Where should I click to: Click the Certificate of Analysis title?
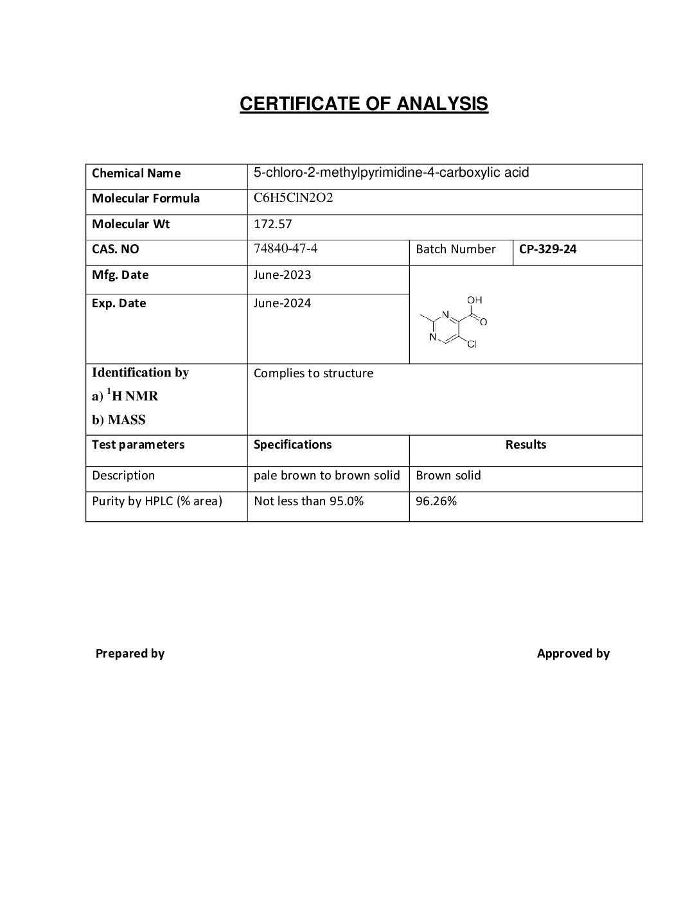click(x=364, y=103)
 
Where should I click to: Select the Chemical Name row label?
click(x=136, y=173)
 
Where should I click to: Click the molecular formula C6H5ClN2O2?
click(x=293, y=198)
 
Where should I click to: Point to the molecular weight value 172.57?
click(x=272, y=224)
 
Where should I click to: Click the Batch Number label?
click(x=456, y=249)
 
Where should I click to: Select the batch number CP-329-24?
click(x=547, y=249)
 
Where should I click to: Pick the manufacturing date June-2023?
click(x=282, y=274)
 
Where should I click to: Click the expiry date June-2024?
click(x=282, y=303)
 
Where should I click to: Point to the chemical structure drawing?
click(x=453, y=323)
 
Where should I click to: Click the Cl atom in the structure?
click(x=472, y=345)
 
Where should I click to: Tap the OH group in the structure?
click(x=475, y=300)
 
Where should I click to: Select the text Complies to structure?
click(x=313, y=373)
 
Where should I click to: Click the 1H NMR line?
click(x=125, y=396)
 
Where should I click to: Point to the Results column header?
click(x=526, y=444)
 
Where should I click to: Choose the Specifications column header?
click(x=292, y=444)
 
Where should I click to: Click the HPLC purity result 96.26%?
click(x=436, y=501)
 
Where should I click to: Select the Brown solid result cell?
click(x=448, y=475)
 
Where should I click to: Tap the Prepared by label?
click(x=130, y=653)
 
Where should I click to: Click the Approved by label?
click(x=573, y=653)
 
